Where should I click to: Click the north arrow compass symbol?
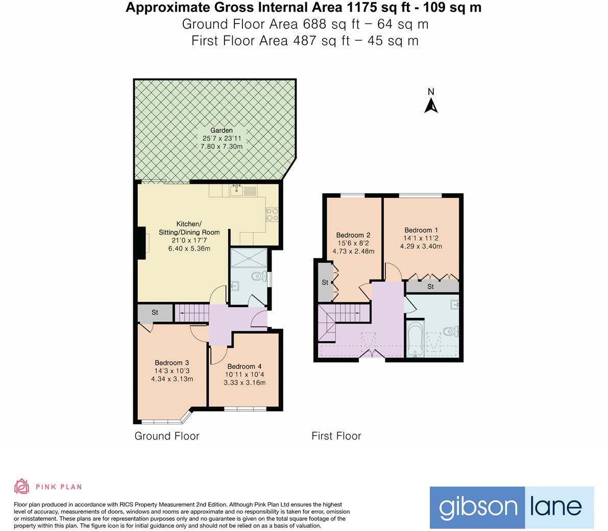[x=431, y=105]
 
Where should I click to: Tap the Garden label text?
[x=221, y=131]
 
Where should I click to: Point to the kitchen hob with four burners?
[x=272, y=214]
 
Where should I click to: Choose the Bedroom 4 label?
[x=244, y=366]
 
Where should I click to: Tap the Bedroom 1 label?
[x=421, y=230]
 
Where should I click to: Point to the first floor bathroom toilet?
[x=449, y=332]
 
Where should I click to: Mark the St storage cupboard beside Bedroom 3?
[x=155, y=313]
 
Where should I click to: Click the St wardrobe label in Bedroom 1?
[x=430, y=287]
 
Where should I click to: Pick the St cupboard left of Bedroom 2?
[x=325, y=282]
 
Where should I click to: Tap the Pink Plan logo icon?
[x=21, y=486]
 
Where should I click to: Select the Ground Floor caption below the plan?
[x=166, y=436]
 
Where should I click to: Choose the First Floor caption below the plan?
[x=336, y=436]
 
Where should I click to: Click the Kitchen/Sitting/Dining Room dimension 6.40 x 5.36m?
[x=189, y=248]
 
